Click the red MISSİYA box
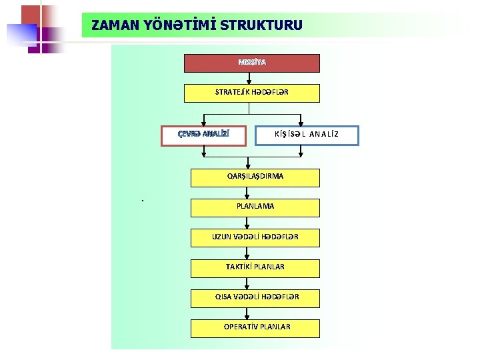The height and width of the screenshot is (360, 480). [252, 63]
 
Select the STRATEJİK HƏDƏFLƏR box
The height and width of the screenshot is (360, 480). [252, 93]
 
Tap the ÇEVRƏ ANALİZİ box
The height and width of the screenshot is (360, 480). [204, 135]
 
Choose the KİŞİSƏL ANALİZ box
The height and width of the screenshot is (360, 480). [307, 135]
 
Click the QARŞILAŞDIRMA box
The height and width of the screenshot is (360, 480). [255, 177]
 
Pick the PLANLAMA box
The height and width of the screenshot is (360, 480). [255, 207]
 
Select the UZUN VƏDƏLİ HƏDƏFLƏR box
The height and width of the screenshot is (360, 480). [255, 237]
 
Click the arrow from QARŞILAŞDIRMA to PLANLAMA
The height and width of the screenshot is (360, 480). [248, 192]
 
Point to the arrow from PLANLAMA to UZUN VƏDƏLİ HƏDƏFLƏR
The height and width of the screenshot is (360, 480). [248, 223]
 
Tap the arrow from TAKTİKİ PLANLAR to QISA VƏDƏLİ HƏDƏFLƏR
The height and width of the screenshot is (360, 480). [248, 283]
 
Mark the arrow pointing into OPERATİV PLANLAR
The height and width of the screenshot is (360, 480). [248, 313]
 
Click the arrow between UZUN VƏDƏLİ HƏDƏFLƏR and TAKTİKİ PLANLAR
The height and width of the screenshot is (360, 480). [248, 253]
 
